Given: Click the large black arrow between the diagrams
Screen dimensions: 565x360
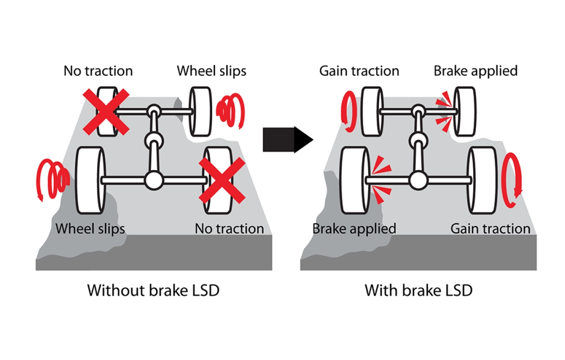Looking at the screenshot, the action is tap(288, 140).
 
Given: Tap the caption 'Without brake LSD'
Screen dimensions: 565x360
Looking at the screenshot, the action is tap(153, 290).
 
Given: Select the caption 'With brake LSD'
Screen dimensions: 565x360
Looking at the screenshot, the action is tap(418, 290).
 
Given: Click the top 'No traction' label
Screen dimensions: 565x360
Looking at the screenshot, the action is tap(98, 71).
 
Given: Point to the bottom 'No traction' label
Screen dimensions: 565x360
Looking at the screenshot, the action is tap(230, 228).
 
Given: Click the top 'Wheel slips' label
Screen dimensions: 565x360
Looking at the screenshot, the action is tap(211, 71).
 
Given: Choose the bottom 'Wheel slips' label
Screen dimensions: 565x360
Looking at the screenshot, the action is tap(90, 229).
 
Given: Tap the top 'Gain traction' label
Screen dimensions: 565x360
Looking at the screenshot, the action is tap(359, 71).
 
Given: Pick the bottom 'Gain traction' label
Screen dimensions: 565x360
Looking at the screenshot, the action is tap(491, 228).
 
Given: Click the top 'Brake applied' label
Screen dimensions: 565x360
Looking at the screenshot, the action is tap(476, 71).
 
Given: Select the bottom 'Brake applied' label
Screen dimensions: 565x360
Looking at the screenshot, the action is tap(354, 229).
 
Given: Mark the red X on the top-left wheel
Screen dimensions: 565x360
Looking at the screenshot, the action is tap(106, 112).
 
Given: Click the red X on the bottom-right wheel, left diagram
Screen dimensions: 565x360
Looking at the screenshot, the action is tap(222, 181).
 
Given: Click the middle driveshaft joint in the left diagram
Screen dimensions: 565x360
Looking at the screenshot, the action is tap(154, 141).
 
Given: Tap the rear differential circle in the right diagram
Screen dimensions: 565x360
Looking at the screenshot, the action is tap(418, 181).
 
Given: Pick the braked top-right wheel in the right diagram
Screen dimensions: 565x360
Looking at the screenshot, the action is tap(465, 112).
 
